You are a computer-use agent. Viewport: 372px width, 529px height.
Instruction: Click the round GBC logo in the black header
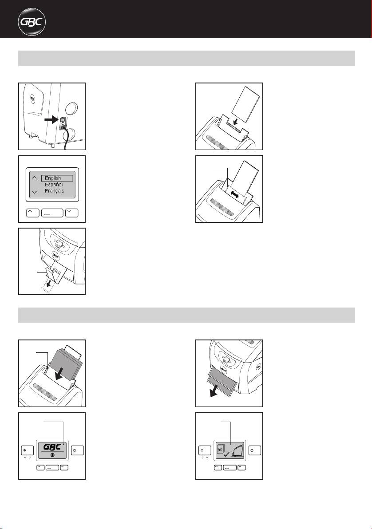pos(32,22)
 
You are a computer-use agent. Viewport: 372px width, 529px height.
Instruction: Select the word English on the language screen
pos(53,178)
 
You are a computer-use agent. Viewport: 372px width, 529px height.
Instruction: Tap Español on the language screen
pos(54,185)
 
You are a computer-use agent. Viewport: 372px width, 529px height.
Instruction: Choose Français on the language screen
pos(54,191)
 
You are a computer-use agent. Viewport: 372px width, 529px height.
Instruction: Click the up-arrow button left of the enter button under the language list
pos(33,213)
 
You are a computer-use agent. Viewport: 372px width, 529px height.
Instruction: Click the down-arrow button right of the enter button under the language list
pos(72,213)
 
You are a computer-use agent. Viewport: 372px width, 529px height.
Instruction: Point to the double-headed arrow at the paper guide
pos(235,194)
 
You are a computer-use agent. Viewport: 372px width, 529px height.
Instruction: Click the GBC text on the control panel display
pos(52,447)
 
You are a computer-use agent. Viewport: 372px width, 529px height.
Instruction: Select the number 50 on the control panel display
pos(220,450)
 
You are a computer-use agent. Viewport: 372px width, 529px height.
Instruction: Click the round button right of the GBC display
pos(78,450)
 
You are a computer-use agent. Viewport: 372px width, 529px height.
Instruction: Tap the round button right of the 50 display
pos(255,450)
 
